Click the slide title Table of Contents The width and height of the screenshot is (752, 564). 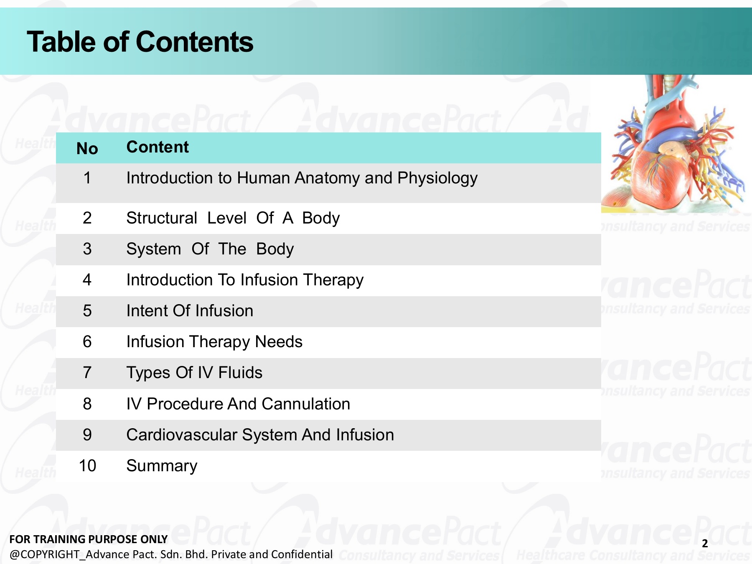pyautogui.click(x=140, y=42)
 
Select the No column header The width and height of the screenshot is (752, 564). pyautogui.click(x=87, y=149)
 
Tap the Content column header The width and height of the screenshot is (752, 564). pyautogui.click(x=158, y=147)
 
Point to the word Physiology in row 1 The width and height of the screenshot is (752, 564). pyautogui.click(x=437, y=179)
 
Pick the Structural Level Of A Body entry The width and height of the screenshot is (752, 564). pyautogui.click(x=233, y=218)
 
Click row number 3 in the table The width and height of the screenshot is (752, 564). pyautogui.click(x=87, y=249)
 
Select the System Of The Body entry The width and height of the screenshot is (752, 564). pyautogui.click(x=210, y=249)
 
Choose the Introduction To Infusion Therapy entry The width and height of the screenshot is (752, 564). pyautogui.click(x=245, y=280)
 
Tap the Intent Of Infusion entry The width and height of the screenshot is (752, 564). pyautogui.click(x=190, y=311)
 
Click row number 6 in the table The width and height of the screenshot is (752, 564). pyautogui.click(x=87, y=342)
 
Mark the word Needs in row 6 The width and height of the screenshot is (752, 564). pyautogui.click(x=279, y=342)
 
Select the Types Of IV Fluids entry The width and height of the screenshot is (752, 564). pyautogui.click(x=194, y=373)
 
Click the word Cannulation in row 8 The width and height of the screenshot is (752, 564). pyautogui.click(x=306, y=404)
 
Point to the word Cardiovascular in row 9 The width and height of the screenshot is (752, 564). pyautogui.click(x=182, y=435)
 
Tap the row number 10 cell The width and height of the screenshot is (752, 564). pyautogui.click(x=87, y=466)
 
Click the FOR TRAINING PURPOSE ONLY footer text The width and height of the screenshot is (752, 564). pyautogui.click(x=88, y=539)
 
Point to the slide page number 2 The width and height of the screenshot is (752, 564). pyautogui.click(x=705, y=544)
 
